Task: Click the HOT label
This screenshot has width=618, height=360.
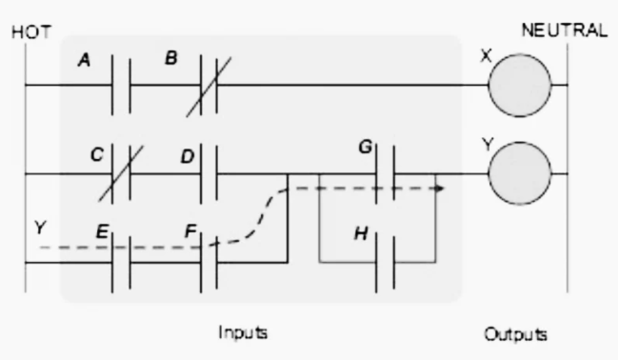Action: pos(31,32)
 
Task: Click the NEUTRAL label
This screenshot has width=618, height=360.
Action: pos(565,30)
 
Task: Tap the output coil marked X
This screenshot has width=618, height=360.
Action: pos(520,85)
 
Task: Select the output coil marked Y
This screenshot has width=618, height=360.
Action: pos(520,173)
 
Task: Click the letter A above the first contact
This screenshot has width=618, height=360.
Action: pos(85,60)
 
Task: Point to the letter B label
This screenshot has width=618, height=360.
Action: pos(171,58)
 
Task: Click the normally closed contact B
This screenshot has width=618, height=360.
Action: pos(209,85)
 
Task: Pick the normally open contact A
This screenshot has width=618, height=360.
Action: pos(121,85)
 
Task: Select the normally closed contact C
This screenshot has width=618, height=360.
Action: pos(121,173)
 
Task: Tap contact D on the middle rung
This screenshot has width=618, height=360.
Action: pos(209,173)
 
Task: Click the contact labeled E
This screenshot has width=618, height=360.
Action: pos(121,262)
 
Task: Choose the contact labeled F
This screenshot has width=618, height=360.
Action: pos(209,262)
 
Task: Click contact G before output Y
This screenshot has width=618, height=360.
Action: pos(385,174)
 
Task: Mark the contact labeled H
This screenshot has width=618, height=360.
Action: pos(385,262)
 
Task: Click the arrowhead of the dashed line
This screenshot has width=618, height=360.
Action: pos(441,189)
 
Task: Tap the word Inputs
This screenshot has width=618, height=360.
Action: pos(243,332)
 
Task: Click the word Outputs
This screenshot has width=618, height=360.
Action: pos(515,334)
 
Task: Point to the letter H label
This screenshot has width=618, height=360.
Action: pos(361,234)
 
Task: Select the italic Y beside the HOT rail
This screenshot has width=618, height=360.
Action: pos(40,228)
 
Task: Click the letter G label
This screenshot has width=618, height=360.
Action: pos(366,147)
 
